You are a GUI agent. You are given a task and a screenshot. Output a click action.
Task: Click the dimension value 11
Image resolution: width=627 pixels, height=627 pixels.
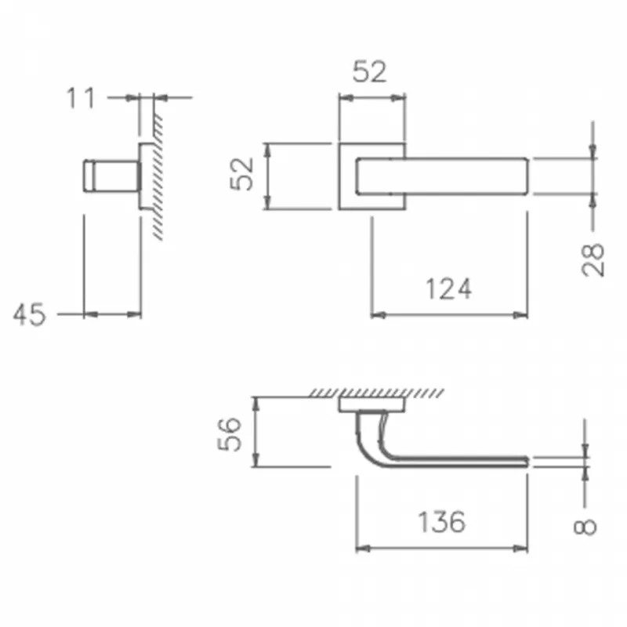(x=81, y=98)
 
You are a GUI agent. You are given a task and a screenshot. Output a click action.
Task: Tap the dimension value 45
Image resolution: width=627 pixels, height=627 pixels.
(x=29, y=315)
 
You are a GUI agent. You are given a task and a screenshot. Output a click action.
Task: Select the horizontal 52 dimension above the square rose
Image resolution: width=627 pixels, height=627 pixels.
(x=369, y=72)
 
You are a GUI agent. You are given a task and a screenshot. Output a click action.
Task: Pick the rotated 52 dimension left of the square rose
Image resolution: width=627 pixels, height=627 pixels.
(x=241, y=174)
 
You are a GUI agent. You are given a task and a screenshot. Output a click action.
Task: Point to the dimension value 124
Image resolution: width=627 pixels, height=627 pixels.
(x=448, y=289)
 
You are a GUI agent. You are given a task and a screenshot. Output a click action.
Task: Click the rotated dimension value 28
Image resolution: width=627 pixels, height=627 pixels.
(x=593, y=259)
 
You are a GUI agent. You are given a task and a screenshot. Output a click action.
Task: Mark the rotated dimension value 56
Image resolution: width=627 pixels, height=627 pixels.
(x=230, y=434)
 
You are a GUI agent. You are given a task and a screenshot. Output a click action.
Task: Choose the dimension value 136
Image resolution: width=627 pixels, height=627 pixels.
(x=441, y=522)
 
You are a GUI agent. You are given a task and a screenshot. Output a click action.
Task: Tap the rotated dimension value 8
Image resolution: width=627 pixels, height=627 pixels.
(x=585, y=527)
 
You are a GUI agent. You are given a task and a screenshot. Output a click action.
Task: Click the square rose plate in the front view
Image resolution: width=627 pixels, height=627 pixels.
(x=347, y=176)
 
